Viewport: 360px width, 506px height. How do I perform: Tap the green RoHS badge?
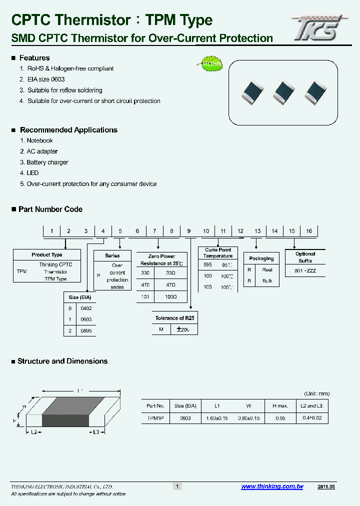[210, 64]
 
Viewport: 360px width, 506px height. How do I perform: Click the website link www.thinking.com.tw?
[272, 486]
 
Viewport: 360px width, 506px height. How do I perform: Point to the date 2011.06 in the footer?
[326, 486]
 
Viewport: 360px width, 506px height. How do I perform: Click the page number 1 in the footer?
[177, 486]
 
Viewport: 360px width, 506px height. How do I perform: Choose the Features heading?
[34, 58]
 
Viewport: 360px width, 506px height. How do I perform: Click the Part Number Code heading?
[50, 209]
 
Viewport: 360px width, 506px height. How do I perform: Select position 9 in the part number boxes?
[189, 231]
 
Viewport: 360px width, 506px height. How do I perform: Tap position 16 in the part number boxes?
[309, 231]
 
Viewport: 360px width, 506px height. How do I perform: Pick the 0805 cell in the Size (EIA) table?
[86, 330]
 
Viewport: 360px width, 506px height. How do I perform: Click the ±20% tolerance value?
[183, 329]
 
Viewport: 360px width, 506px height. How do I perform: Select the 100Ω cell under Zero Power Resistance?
[171, 296]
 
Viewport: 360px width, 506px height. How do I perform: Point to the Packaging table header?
[261, 258]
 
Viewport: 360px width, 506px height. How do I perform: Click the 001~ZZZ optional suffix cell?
[305, 271]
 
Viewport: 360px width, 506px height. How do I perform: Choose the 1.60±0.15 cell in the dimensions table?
[217, 418]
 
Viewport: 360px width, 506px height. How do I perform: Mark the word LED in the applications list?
[32, 173]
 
